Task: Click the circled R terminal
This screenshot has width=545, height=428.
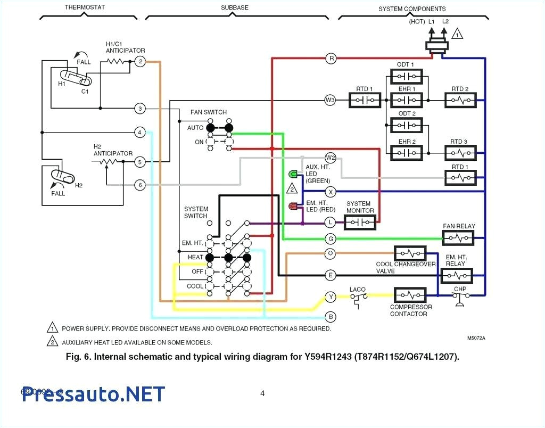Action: [331, 59]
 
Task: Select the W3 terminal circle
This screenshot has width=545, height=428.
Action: [330, 100]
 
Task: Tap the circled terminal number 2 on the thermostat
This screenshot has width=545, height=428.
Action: [139, 62]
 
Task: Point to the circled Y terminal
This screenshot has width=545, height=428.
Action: [331, 297]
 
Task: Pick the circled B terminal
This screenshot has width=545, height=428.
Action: [331, 317]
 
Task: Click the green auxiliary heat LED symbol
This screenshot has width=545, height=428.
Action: [293, 175]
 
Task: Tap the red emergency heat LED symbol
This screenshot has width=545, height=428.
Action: [293, 206]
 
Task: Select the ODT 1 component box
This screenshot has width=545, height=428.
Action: [406, 77]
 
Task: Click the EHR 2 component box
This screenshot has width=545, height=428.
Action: [406, 153]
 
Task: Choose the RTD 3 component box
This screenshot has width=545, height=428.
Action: [460, 153]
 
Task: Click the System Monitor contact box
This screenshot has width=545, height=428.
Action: [360, 222]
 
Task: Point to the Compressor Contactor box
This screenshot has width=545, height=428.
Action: [410, 295]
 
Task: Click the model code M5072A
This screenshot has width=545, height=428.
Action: [477, 338]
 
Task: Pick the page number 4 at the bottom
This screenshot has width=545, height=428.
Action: [262, 394]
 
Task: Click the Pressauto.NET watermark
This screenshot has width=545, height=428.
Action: [94, 394]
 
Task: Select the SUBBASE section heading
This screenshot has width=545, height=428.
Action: [235, 8]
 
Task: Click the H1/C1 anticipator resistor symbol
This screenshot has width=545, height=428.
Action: [118, 62]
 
